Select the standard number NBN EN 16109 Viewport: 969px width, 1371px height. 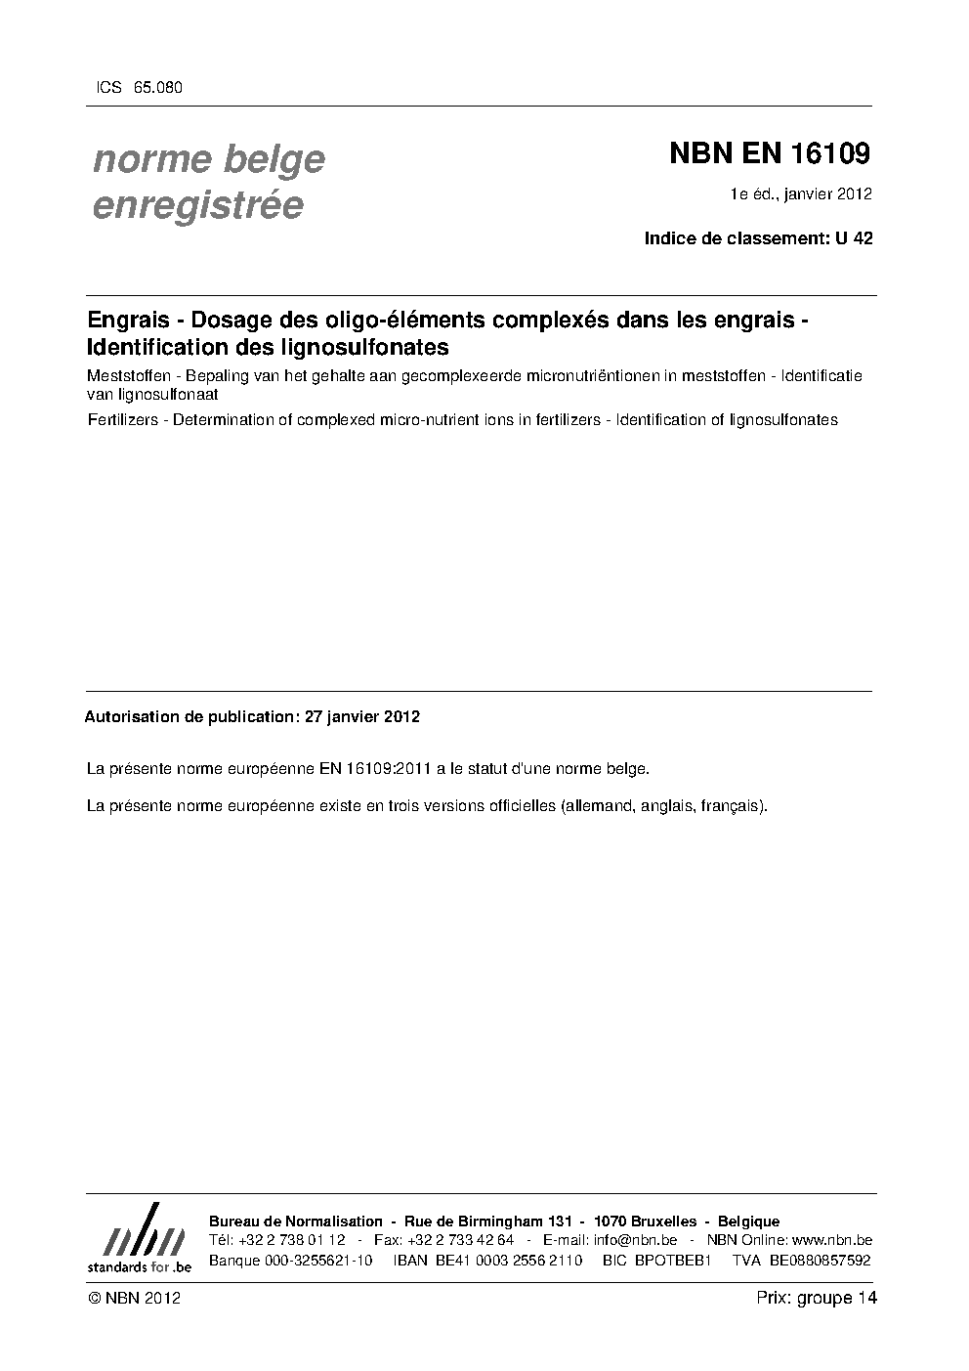(769, 154)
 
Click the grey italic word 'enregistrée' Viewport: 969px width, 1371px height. (197, 205)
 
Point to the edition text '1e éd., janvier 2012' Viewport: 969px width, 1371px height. (800, 193)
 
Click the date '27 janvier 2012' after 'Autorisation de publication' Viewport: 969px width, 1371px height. (362, 716)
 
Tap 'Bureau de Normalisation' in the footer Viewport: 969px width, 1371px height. (296, 1221)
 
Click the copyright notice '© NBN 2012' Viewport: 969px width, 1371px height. (134, 1299)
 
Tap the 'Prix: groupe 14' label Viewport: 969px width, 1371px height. (816, 1299)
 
